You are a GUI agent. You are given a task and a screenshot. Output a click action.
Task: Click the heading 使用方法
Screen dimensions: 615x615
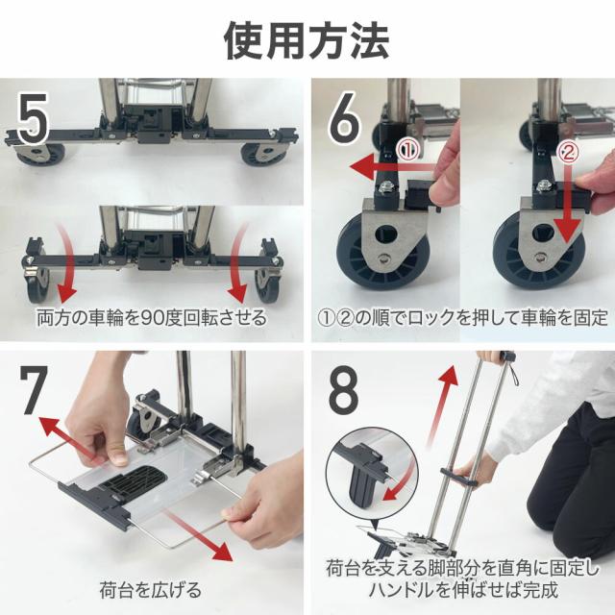307,40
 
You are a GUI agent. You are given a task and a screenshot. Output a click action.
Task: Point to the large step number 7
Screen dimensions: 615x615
34,390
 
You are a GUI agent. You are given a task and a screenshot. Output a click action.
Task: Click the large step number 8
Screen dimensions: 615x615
343,390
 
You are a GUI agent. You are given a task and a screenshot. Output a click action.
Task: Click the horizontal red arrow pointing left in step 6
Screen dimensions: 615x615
393,167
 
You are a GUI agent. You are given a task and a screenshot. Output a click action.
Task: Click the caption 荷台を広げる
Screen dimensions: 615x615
150,590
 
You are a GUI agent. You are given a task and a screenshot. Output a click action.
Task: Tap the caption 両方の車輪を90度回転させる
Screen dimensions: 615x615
152,318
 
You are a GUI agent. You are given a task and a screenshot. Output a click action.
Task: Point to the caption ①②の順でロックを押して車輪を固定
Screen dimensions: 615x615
462,318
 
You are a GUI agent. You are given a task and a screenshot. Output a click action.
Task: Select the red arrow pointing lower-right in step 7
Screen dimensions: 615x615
199,536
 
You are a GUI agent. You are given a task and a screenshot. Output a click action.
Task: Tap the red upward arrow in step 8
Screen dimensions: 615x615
443,404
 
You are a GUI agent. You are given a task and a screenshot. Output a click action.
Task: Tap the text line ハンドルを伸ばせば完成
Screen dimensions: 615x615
463,590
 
